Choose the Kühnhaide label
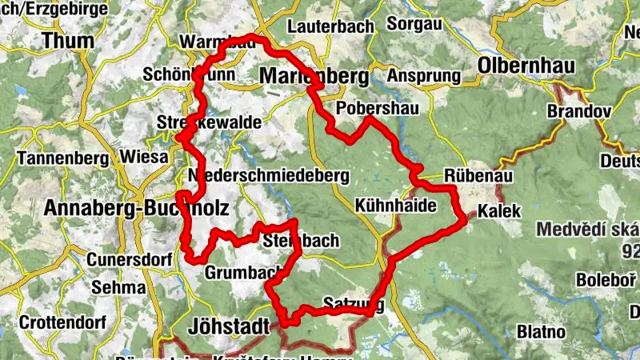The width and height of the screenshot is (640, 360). coord(396,206)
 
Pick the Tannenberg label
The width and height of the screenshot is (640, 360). coord(59,157)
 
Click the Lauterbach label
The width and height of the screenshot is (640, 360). coord(330,26)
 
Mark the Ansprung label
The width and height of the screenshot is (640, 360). coord(424,77)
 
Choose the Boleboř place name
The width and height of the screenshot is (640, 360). coord(606,281)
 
